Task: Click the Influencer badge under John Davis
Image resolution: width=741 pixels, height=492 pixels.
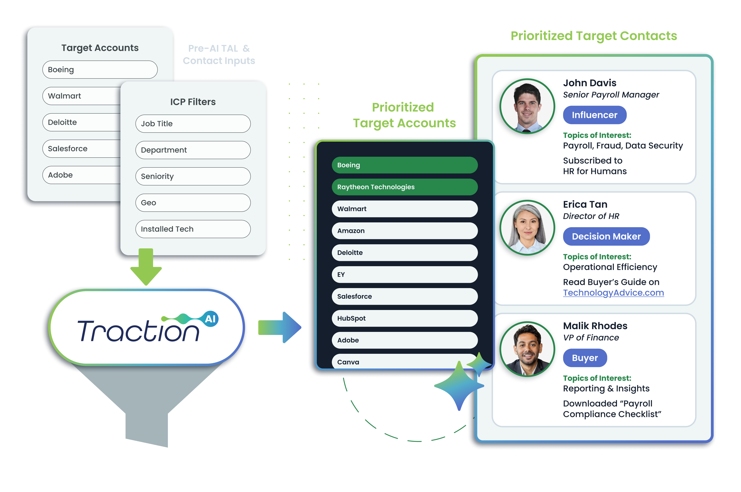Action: (595, 115)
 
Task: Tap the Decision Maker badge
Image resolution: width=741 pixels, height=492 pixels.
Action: (606, 236)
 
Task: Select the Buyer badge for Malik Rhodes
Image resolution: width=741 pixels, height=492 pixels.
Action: (585, 358)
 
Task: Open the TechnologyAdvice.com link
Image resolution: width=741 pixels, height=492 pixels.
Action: (613, 292)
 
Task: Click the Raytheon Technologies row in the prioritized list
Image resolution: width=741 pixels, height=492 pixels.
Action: (405, 187)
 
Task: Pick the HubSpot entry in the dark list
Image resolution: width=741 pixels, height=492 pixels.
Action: (405, 318)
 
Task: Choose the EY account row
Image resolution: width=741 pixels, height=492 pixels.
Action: (405, 275)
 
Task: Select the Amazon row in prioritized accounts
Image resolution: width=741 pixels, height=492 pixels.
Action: (405, 231)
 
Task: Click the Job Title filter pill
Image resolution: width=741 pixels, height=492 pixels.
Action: (193, 124)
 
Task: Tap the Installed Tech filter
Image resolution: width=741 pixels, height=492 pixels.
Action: (193, 229)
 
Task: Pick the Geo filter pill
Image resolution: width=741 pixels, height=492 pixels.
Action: (193, 203)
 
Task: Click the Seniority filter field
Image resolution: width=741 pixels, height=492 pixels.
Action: (193, 176)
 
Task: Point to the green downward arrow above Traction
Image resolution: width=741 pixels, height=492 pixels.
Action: (146, 267)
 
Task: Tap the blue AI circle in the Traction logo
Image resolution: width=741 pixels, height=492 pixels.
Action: (210, 319)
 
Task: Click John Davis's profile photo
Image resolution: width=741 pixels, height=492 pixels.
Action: (527, 106)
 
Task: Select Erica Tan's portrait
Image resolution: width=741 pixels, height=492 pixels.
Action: (527, 227)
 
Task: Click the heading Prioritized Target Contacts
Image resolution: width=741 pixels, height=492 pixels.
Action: (594, 36)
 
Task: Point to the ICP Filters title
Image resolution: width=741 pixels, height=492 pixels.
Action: (193, 102)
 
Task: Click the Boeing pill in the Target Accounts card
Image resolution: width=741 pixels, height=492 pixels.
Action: (100, 70)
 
